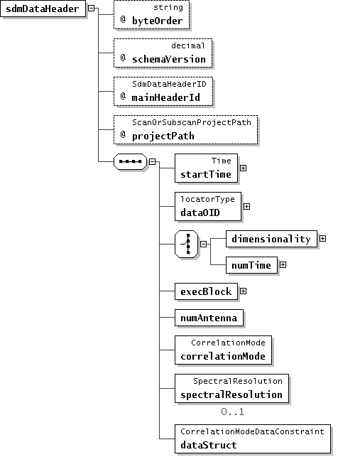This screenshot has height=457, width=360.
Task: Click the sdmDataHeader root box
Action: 43,9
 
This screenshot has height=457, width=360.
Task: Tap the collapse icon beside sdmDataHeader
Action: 91,8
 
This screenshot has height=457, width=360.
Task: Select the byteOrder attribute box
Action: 151,15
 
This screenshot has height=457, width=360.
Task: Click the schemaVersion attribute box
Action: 163,53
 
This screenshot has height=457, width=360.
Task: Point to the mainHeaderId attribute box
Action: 163,92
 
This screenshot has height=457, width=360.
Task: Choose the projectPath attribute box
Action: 185,130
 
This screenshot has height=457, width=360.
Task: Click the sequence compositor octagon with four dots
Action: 130,161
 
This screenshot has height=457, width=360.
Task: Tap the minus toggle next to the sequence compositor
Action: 153,161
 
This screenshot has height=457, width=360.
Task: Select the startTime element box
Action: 206,168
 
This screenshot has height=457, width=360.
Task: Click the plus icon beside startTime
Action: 244,168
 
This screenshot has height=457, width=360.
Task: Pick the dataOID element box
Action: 208,206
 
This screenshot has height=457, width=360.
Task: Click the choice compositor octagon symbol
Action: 187,244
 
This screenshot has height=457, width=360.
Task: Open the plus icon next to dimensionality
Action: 322,238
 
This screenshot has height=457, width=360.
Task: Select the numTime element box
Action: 251,265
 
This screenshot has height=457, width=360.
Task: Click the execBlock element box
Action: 206,291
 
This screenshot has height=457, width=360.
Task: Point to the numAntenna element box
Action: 209,318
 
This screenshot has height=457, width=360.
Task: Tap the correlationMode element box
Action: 223,350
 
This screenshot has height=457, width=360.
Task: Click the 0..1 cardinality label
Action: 232,412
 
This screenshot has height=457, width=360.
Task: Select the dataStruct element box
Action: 253,439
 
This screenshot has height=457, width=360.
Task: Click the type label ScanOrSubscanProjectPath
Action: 192,122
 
